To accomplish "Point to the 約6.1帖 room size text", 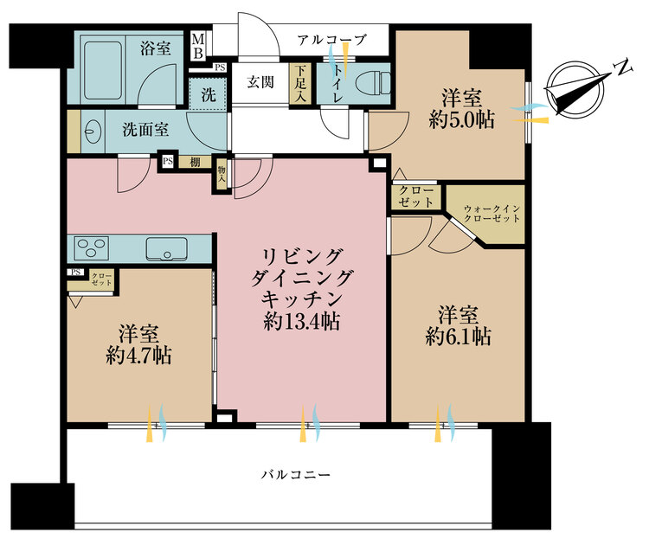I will (x=458, y=337).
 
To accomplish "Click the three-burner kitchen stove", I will (x=90, y=249).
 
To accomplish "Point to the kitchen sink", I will (x=164, y=249).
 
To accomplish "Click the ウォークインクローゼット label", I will (x=492, y=213).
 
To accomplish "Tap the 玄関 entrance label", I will (x=260, y=83).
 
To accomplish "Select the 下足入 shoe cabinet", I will (x=299, y=84).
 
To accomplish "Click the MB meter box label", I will (x=198, y=46).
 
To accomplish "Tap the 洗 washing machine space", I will (x=209, y=96).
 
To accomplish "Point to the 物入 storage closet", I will (x=222, y=175).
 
